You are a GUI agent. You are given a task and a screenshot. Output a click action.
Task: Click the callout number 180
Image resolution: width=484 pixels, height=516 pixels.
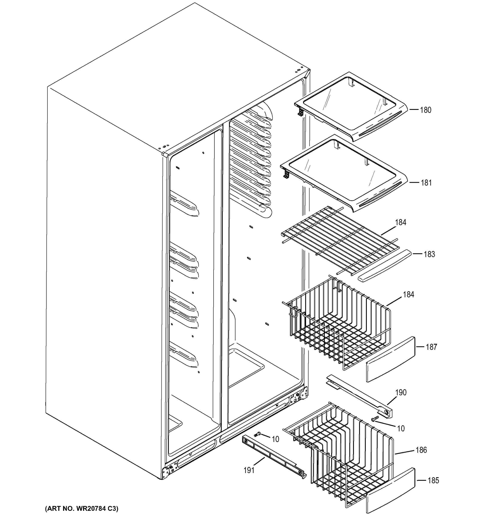tap(425, 110)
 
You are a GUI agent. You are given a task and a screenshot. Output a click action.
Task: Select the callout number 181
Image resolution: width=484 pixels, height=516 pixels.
tap(426, 183)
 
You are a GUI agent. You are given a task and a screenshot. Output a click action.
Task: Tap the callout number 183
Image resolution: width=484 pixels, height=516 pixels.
tap(429, 254)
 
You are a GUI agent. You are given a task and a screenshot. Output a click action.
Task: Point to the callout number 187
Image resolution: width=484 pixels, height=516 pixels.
tap(431, 347)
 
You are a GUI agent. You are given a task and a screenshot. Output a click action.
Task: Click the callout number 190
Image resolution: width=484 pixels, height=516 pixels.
tap(401, 392)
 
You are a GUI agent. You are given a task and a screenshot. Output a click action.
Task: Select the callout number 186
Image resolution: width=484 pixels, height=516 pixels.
tap(421, 450)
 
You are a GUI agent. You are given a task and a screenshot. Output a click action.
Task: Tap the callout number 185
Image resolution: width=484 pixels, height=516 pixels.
tap(433, 481)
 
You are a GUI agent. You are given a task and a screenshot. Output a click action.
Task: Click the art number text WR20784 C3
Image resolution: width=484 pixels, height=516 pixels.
tap(82, 508)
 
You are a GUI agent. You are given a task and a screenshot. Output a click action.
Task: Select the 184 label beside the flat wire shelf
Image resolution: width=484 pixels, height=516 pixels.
tap(401, 223)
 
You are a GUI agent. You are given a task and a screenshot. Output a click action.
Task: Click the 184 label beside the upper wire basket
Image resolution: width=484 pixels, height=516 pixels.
tap(408, 295)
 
